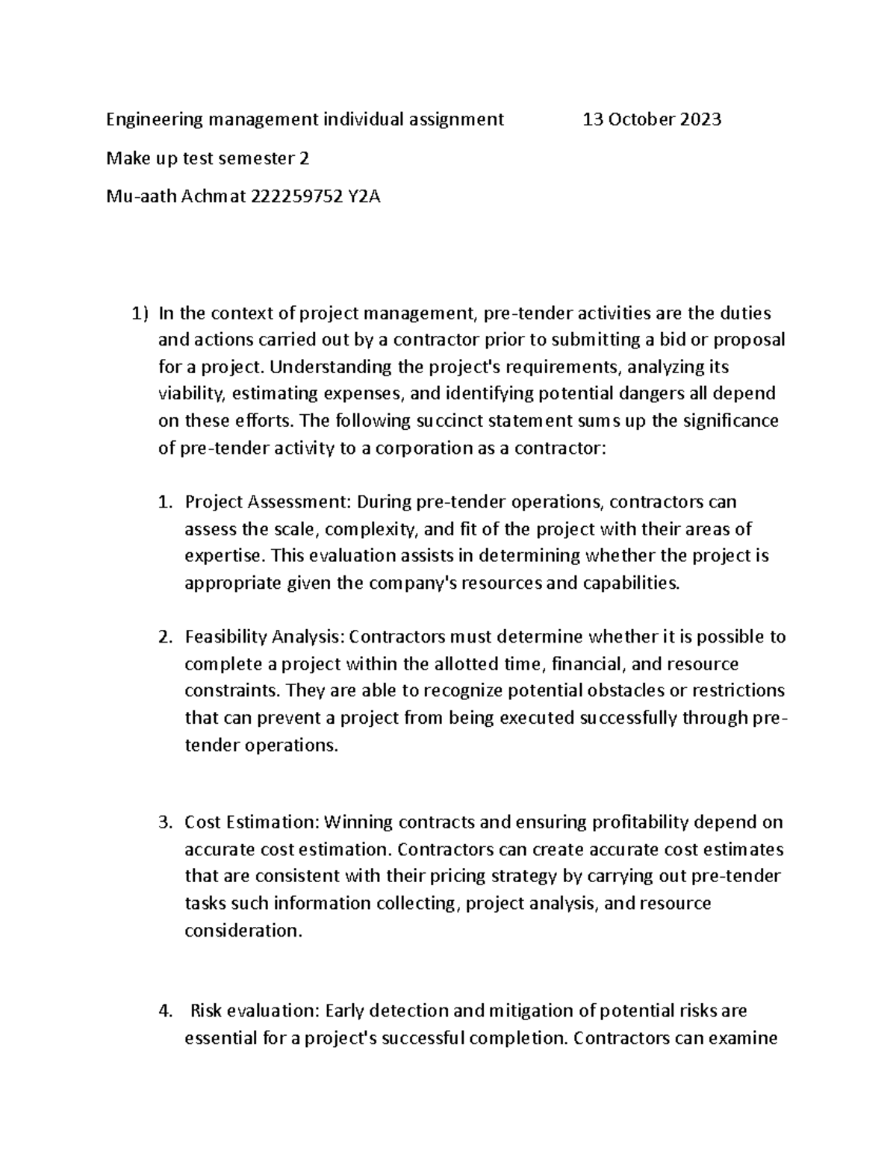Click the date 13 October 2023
click(x=652, y=119)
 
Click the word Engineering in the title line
click(x=155, y=119)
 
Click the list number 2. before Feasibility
click(x=166, y=637)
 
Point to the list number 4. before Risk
click(x=166, y=1011)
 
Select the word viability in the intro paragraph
click(x=188, y=394)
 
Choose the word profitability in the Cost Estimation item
click(x=640, y=822)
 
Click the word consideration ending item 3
click(x=243, y=931)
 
